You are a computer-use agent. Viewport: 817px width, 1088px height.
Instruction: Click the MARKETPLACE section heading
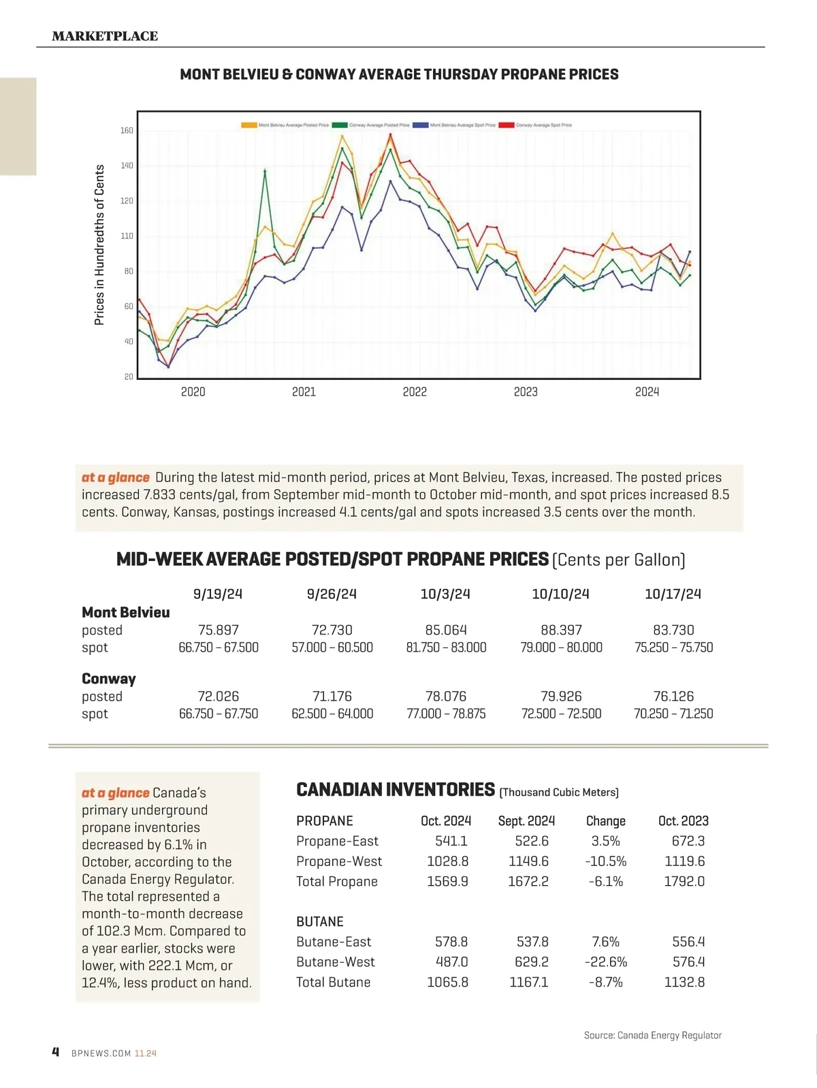pyautogui.click(x=105, y=36)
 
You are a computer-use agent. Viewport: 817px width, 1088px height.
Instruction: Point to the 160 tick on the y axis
pyautogui.click(x=127, y=131)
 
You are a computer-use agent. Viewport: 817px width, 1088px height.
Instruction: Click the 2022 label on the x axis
pyautogui.click(x=415, y=391)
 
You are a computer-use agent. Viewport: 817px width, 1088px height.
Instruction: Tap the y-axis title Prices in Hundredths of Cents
pyautogui.click(x=100, y=245)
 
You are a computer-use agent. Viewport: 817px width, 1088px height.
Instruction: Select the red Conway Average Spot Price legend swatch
pyautogui.click(x=506, y=125)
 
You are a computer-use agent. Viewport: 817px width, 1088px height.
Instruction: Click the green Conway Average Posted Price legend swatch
pyautogui.click(x=340, y=125)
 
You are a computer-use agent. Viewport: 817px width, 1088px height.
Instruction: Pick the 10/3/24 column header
pyautogui.click(x=445, y=594)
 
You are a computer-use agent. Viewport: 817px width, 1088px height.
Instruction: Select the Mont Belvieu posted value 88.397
pyautogui.click(x=561, y=630)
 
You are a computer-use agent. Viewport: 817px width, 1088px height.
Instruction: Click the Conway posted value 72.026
pyautogui.click(x=219, y=696)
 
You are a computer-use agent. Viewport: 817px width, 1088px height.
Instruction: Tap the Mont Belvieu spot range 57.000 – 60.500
pyautogui.click(x=332, y=647)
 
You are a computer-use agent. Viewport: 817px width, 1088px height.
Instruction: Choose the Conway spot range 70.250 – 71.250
pyautogui.click(x=673, y=714)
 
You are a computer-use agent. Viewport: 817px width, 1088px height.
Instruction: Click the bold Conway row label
pyautogui.click(x=109, y=679)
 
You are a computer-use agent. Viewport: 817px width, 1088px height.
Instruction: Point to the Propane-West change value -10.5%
pyautogui.click(x=605, y=861)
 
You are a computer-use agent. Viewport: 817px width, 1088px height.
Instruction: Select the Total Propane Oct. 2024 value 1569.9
pyautogui.click(x=447, y=881)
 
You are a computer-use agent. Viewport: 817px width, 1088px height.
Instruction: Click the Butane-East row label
pyautogui.click(x=334, y=942)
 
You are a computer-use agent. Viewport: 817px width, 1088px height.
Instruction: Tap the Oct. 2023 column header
pyautogui.click(x=684, y=821)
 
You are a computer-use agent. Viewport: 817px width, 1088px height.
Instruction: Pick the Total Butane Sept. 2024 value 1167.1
pyautogui.click(x=528, y=982)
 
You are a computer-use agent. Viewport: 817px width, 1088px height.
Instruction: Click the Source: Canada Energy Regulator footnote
pyautogui.click(x=652, y=1035)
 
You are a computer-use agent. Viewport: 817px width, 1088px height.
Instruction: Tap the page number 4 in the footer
pyautogui.click(x=56, y=1052)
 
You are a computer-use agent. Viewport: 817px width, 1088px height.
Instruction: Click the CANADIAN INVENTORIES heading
pyautogui.click(x=396, y=790)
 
